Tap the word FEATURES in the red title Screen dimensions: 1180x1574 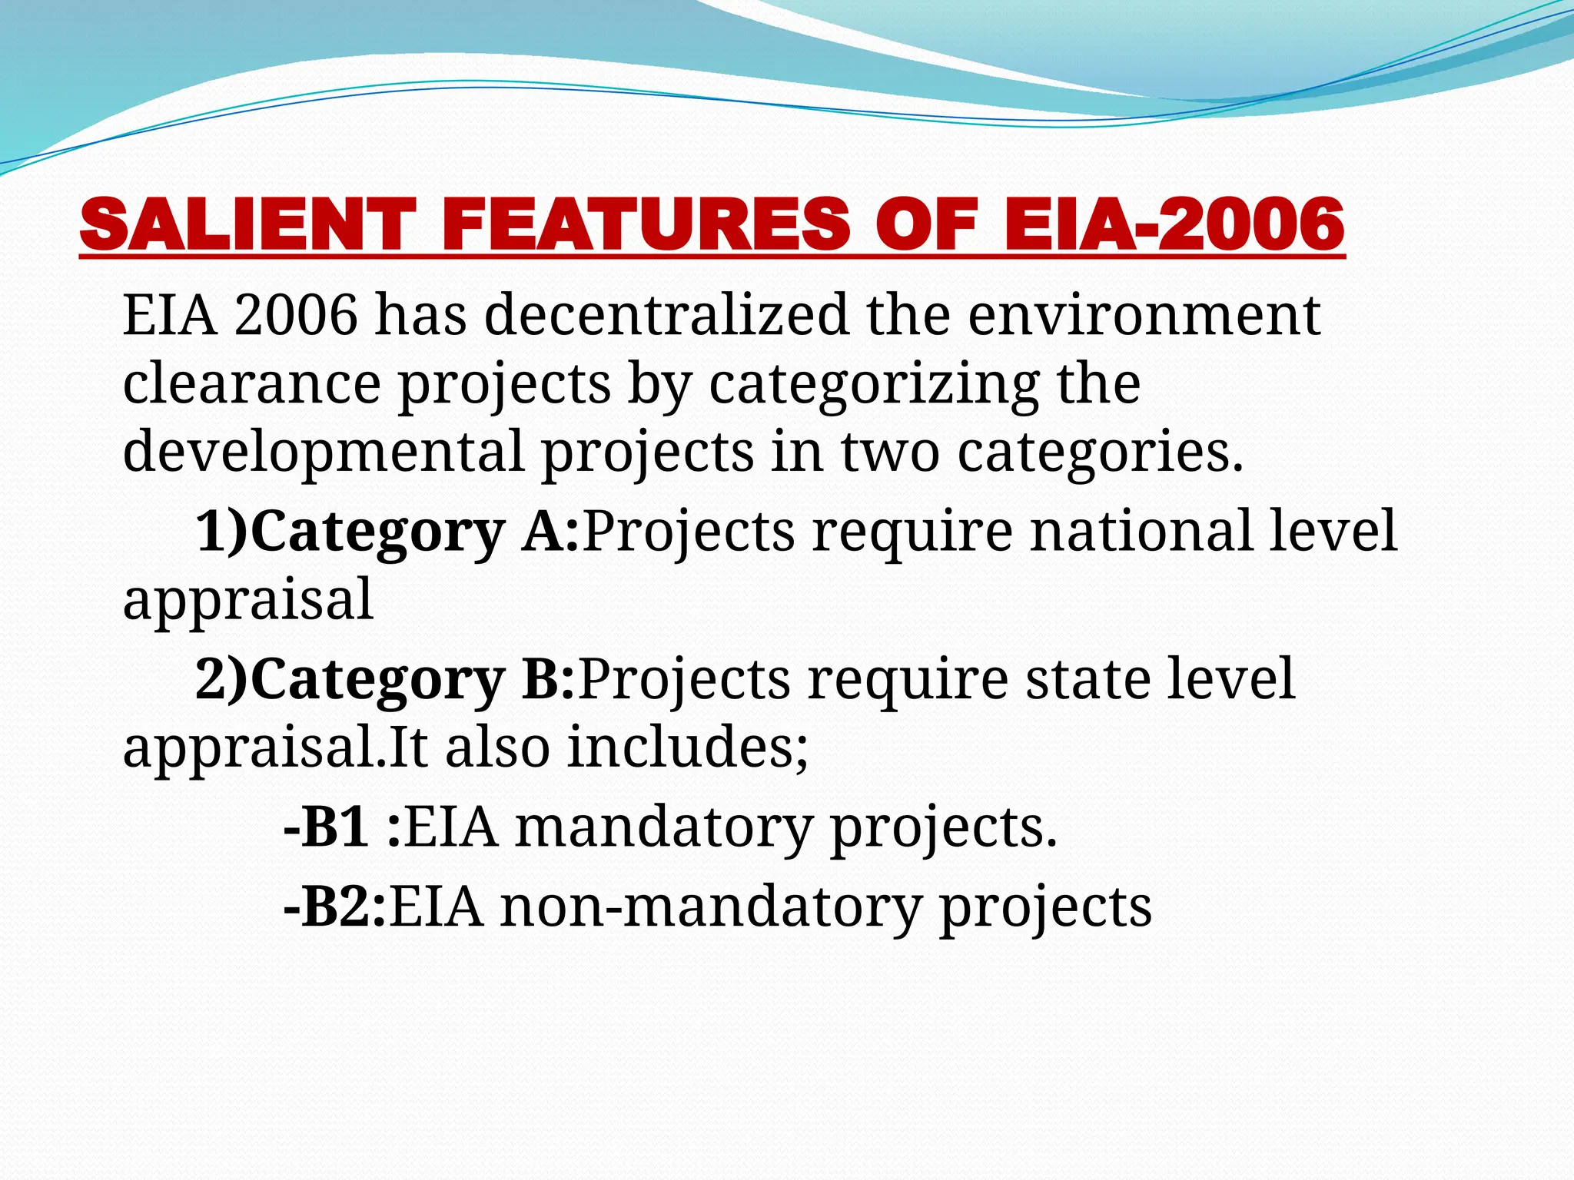coord(646,224)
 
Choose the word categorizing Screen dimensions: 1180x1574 coord(874,384)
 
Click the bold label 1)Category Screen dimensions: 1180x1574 coord(350,532)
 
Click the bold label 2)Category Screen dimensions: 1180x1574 coord(350,679)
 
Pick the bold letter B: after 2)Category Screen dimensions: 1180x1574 coord(548,678)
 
